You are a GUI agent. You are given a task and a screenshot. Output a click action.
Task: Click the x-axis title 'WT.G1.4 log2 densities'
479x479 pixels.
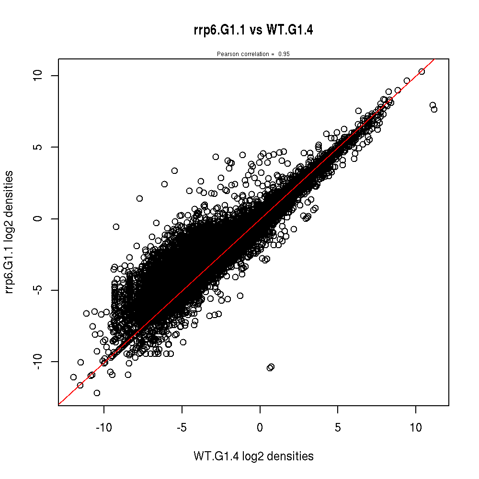click(253, 456)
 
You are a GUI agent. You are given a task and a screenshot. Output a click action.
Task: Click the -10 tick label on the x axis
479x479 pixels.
click(103, 427)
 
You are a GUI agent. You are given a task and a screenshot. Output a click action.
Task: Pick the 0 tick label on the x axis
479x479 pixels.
click(260, 427)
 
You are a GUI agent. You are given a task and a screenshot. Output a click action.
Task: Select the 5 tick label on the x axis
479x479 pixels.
click(338, 427)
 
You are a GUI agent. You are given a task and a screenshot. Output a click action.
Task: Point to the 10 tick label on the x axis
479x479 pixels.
click(416, 427)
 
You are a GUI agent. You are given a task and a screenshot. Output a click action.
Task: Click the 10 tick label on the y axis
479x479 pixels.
click(40, 75)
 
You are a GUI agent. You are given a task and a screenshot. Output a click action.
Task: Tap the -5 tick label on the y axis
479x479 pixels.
click(40, 290)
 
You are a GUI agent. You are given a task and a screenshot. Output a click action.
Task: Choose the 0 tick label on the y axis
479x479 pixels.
click(40, 218)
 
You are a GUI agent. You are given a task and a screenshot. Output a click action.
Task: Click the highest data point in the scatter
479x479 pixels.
click(422, 71)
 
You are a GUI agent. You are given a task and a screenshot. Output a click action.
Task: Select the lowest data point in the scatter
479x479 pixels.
click(97, 393)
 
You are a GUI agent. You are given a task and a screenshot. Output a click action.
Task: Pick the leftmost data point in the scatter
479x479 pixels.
click(73, 377)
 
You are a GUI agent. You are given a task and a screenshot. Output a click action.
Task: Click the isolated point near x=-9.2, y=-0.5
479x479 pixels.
click(116, 227)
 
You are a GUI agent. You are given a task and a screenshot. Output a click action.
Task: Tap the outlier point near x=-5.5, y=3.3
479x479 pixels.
click(174, 171)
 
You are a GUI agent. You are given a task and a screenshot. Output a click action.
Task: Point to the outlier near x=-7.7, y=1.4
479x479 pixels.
click(139, 198)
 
